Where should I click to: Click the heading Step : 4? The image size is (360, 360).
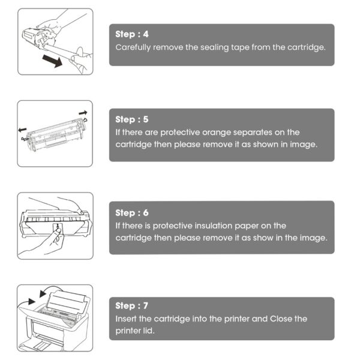[132, 34]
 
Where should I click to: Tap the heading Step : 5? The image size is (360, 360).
[132, 119]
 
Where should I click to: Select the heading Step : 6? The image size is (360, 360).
[132, 213]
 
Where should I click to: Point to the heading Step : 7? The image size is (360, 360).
[132, 305]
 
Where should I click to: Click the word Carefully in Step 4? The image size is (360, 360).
[133, 47]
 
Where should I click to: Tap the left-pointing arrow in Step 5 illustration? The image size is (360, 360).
[23, 130]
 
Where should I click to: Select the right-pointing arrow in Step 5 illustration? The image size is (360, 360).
[83, 113]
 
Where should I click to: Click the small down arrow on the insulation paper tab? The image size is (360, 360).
[57, 226]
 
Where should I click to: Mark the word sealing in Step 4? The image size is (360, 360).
[214, 48]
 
